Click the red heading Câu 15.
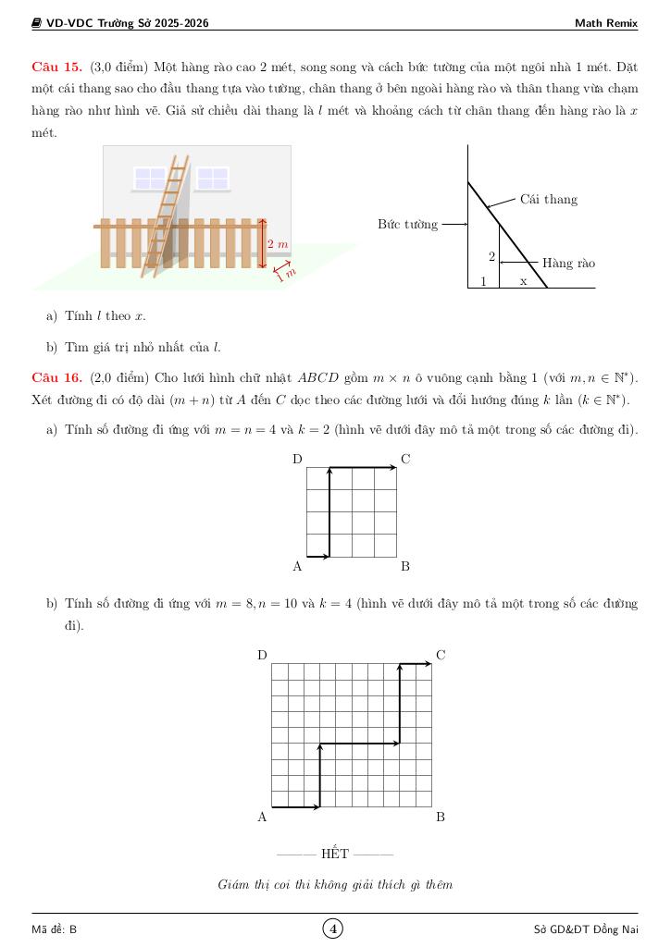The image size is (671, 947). pyautogui.click(x=56, y=68)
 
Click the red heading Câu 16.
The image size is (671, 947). pyautogui.click(x=56, y=378)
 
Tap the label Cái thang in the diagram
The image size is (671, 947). pyautogui.click(x=548, y=200)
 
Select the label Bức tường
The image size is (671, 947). pyautogui.click(x=407, y=225)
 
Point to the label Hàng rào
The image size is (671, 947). pyautogui.click(x=568, y=264)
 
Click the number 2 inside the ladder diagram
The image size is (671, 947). pyautogui.click(x=491, y=257)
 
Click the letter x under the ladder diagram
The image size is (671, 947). pyautogui.click(x=523, y=281)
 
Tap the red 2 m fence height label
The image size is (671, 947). pyautogui.click(x=278, y=244)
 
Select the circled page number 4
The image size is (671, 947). pyautogui.click(x=333, y=929)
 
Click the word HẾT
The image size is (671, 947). pyautogui.click(x=335, y=854)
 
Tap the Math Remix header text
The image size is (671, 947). pyautogui.click(x=605, y=23)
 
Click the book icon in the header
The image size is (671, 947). pyautogui.click(x=37, y=23)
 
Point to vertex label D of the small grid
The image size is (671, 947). pyautogui.click(x=297, y=460)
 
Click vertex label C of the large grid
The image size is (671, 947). pyautogui.click(x=441, y=656)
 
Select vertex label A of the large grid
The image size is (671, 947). pyautogui.click(x=262, y=818)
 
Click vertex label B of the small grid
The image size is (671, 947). pyautogui.click(x=405, y=566)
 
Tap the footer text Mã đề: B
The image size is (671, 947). pyautogui.click(x=55, y=929)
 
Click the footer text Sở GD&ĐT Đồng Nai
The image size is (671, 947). pyautogui.click(x=586, y=929)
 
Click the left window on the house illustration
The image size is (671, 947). pyautogui.click(x=150, y=178)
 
